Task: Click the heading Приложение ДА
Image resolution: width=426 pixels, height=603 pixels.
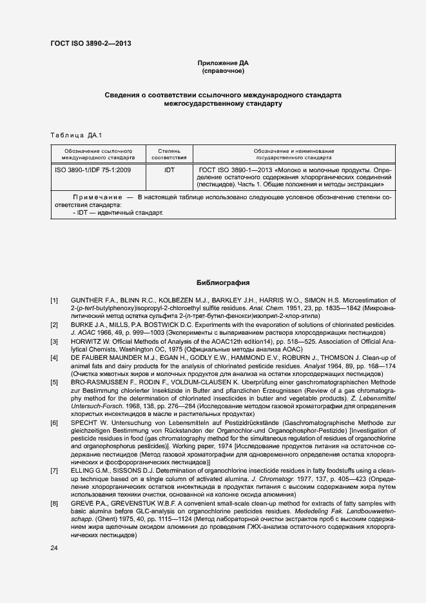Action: click(222, 63)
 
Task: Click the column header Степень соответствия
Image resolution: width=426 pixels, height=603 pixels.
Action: click(169, 153)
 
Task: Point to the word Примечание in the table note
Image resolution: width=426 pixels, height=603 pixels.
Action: click(98, 196)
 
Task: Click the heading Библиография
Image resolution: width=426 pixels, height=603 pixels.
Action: click(222, 282)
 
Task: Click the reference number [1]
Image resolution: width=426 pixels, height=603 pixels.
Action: click(55, 301)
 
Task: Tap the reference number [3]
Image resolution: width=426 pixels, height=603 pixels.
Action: click(55, 341)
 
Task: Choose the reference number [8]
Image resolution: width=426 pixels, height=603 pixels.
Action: click(55, 502)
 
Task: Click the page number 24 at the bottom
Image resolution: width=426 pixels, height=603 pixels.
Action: click(55, 548)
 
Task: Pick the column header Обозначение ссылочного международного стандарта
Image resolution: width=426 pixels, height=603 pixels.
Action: click(98, 153)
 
